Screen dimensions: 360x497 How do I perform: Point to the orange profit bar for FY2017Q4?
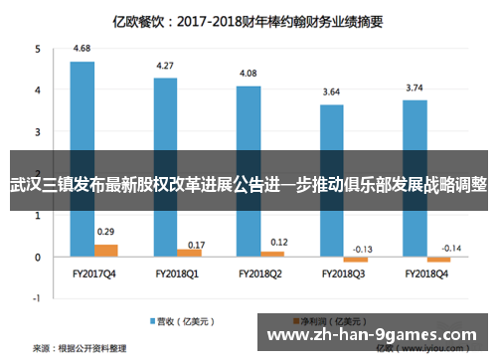click(105, 251)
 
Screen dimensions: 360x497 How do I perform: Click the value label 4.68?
click(83, 49)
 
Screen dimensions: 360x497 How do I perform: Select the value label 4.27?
click(165, 66)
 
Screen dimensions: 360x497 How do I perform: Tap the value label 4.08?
click(248, 74)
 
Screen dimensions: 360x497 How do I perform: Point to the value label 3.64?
click(331, 91)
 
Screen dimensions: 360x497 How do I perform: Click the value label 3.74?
click(414, 88)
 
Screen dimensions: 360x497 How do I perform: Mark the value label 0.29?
click(105, 232)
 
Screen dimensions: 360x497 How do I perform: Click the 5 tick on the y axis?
click(38, 48)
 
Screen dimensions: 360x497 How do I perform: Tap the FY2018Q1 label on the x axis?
click(177, 271)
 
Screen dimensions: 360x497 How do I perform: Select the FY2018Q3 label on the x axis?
click(343, 271)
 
